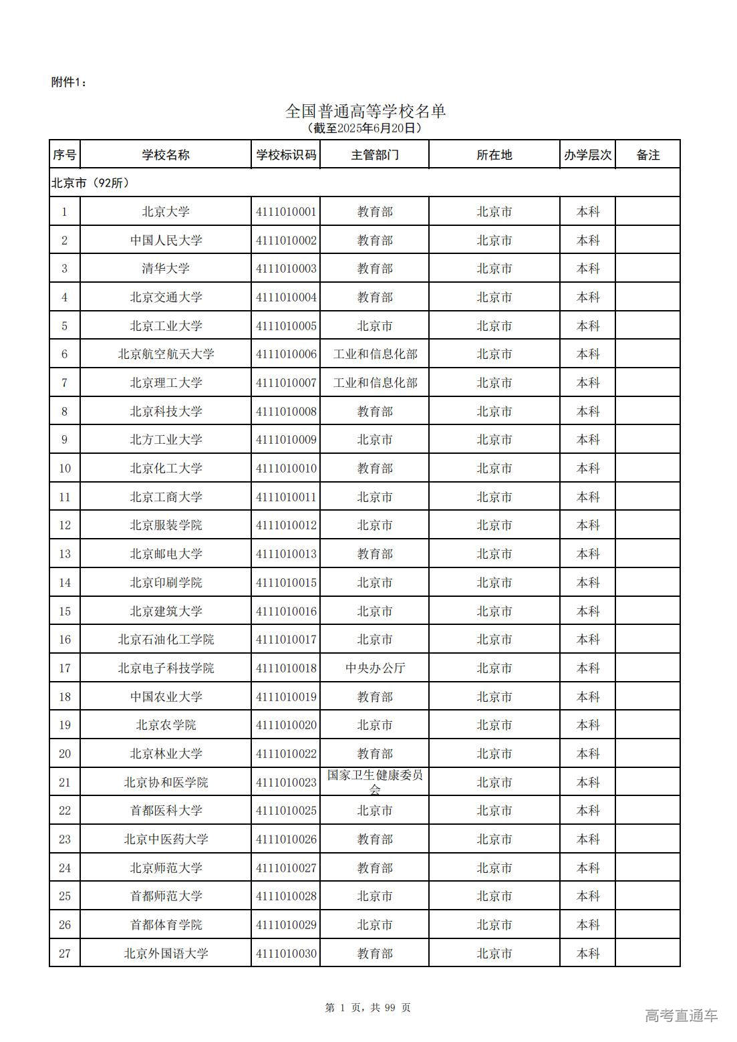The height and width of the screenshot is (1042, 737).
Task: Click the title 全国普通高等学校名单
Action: pyautogui.click(x=365, y=111)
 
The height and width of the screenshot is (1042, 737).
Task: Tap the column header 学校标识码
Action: pyautogui.click(x=286, y=155)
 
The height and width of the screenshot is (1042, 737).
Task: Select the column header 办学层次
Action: pyautogui.click(x=587, y=155)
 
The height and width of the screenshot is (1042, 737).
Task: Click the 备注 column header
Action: pyautogui.click(x=647, y=155)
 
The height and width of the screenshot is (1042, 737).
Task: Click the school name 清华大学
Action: pyautogui.click(x=166, y=269)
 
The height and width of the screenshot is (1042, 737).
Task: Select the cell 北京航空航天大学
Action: pyautogui.click(x=166, y=354)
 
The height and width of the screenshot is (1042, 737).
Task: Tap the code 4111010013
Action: pyautogui.click(x=286, y=554)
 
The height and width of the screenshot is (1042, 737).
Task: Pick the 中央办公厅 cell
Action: pyautogui.click(x=375, y=668)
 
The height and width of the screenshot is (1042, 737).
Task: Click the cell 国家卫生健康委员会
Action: pyautogui.click(x=375, y=781)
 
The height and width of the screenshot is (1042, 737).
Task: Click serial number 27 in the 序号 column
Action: pyautogui.click(x=65, y=954)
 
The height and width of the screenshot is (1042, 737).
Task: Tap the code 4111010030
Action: pyautogui.click(x=286, y=954)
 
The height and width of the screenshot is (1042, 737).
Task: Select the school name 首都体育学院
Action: pyautogui.click(x=166, y=925)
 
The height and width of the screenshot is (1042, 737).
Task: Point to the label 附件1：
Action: pyautogui.click(x=69, y=82)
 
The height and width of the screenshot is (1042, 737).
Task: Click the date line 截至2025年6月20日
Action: pyautogui.click(x=365, y=128)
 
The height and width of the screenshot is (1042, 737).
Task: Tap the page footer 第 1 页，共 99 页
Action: pyautogui.click(x=367, y=1008)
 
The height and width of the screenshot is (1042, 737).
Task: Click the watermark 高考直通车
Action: pyautogui.click(x=681, y=1016)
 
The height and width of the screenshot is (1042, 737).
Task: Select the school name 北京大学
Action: pyautogui.click(x=166, y=212)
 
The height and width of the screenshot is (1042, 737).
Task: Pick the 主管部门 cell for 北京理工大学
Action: pyautogui.click(x=375, y=383)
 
